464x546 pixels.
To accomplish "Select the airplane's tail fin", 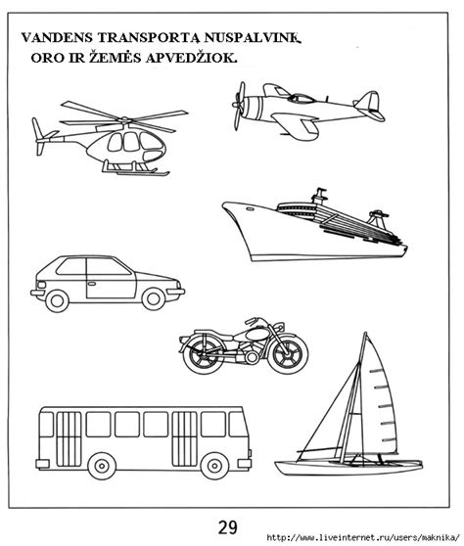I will (x=366, y=101).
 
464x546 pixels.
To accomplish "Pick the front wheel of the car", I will (x=153, y=297).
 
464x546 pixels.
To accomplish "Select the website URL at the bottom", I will (x=361, y=537).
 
